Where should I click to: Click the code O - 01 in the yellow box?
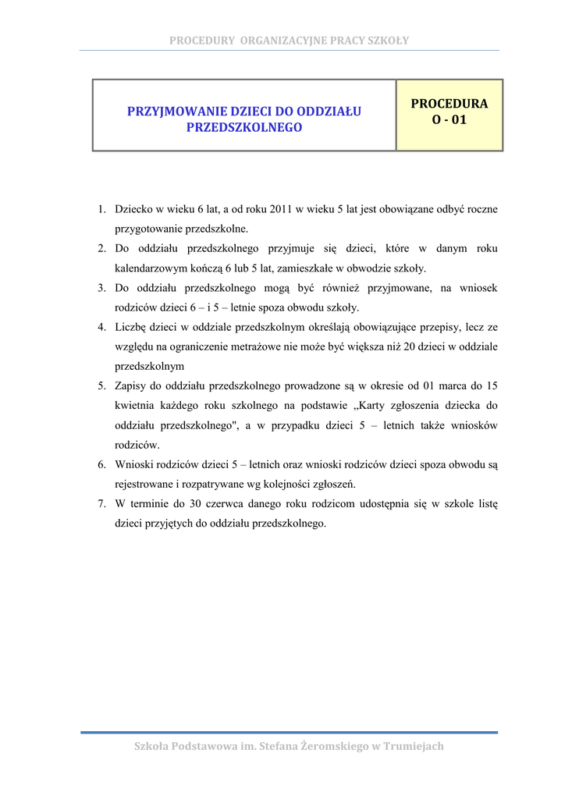449,121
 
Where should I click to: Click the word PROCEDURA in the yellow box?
449,104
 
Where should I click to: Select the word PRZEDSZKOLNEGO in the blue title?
243,126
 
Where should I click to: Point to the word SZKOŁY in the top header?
390,41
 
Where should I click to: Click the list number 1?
101,209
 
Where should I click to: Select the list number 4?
101,327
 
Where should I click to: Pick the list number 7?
101,503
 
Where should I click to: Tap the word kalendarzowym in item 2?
148,268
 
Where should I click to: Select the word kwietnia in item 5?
134,406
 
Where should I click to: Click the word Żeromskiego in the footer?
311,747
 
